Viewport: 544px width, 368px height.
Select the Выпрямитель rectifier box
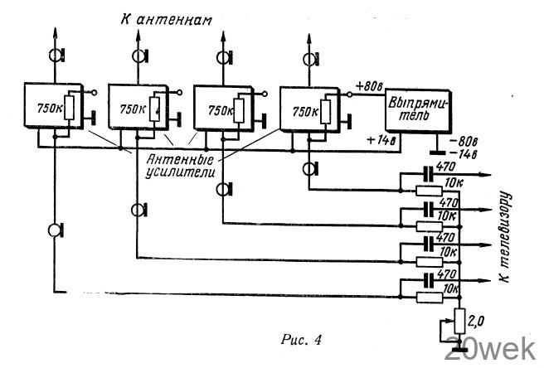click(x=419, y=109)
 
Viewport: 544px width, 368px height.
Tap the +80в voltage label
click(x=367, y=85)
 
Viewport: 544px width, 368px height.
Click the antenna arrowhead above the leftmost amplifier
click(x=56, y=31)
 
